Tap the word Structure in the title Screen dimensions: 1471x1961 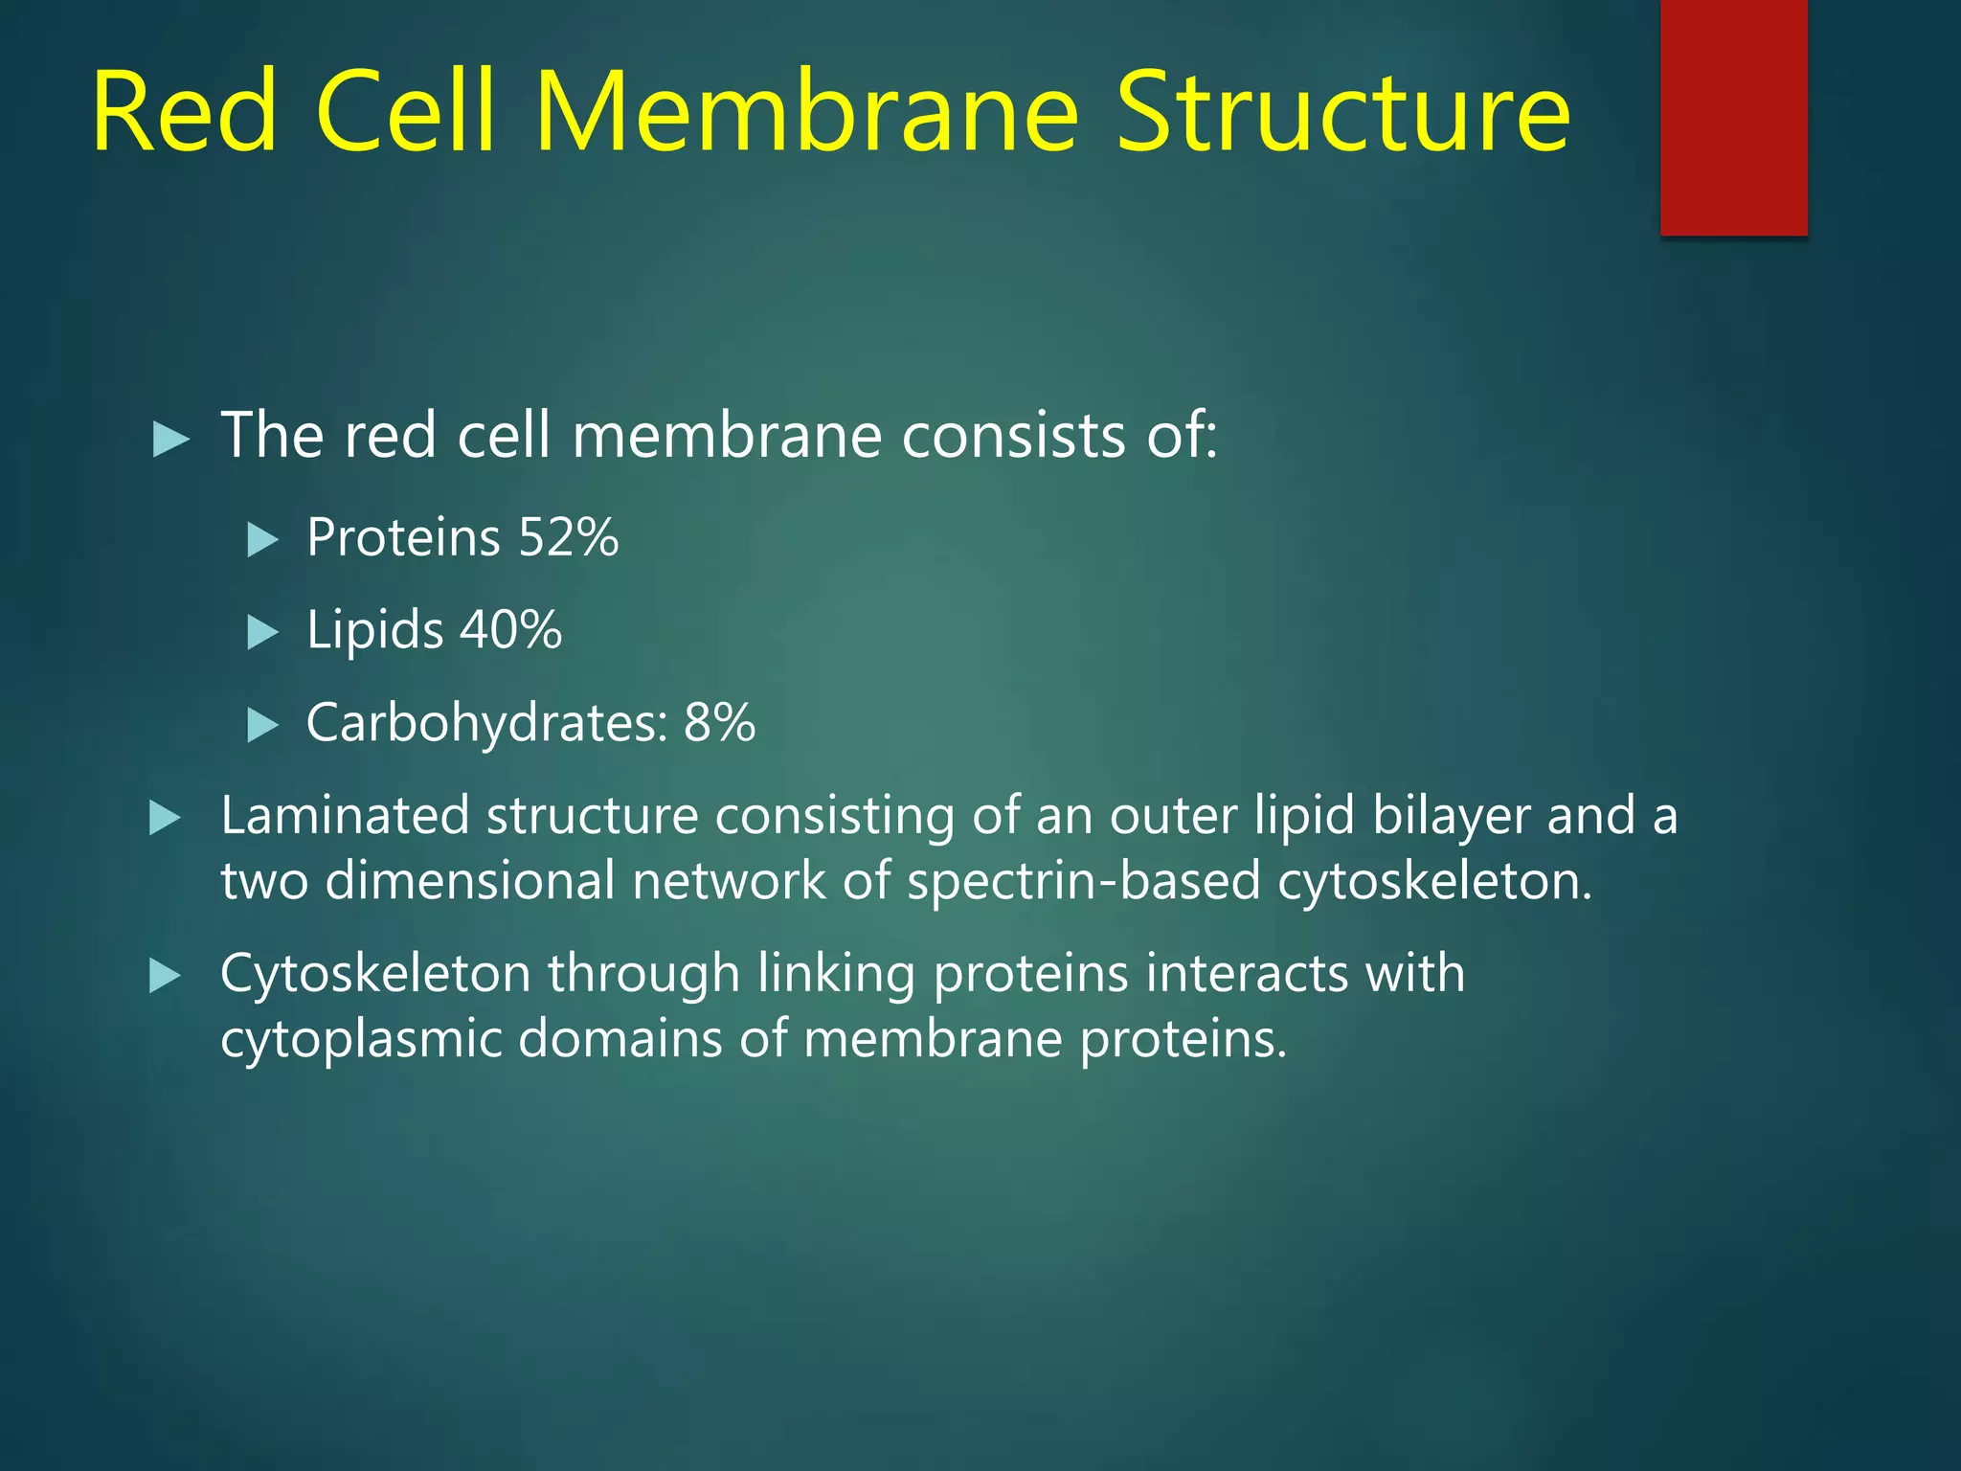tap(1342, 112)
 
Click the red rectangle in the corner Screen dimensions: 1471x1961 tap(1733, 117)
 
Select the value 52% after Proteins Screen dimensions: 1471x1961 tap(568, 537)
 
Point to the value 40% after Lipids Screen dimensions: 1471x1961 tap(510, 630)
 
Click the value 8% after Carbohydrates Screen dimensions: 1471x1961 tap(719, 723)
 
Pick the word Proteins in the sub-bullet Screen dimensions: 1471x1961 tap(403, 537)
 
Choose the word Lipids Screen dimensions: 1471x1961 tap(374, 630)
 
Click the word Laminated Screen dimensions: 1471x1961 tap(345, 816)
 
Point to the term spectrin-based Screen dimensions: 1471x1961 tap(1083, 881)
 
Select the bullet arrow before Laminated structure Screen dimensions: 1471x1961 tap(166, 819)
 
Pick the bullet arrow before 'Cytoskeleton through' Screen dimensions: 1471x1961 tap(166, 977)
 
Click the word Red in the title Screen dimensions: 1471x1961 tap(185, 112)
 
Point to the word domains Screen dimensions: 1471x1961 tap(620, 1039)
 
